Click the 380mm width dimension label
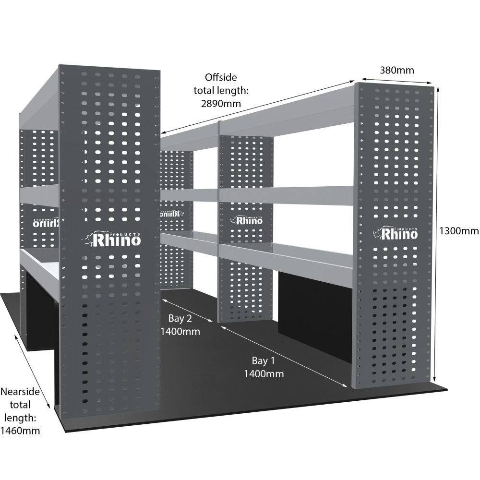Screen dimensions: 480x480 [397, 70]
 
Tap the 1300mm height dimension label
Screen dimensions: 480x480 [459, 231]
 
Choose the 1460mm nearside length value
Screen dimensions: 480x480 [20, 430]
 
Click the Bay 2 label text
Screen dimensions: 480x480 [180, 318]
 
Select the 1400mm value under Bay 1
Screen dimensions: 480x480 [264, 373]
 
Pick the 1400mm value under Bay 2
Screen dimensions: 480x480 [180, 331]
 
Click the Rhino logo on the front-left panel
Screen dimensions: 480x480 [113, 239]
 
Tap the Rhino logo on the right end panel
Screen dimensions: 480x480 [395, 234]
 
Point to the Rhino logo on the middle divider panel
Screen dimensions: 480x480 [247, 221]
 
